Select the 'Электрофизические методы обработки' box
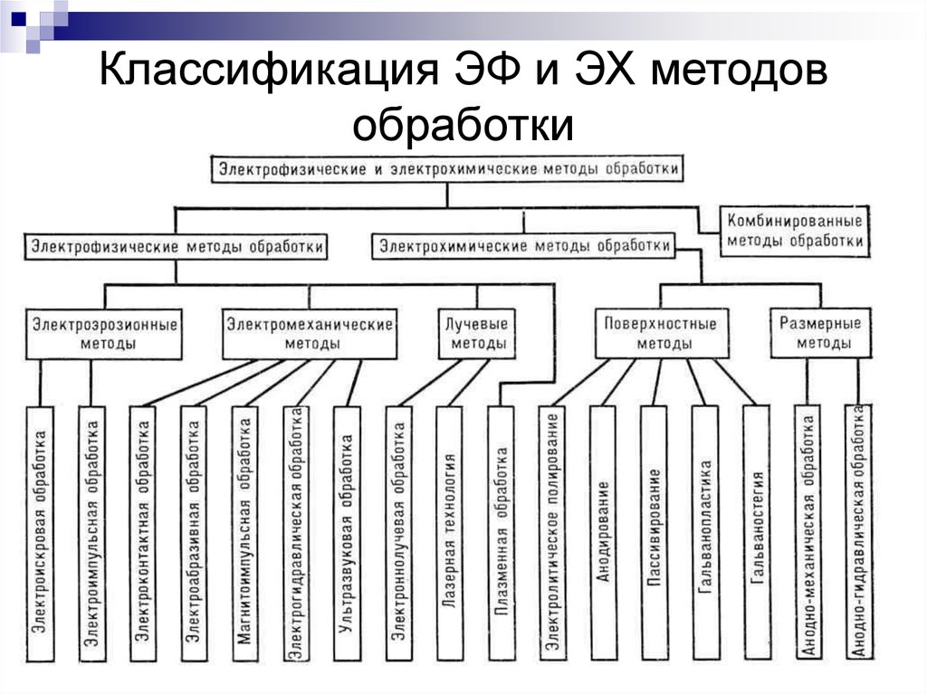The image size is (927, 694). coord(176,245)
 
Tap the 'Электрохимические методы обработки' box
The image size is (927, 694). coord(524,245)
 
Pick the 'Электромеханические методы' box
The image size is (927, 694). coord(310,333)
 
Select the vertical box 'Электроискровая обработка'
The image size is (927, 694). coord(39,533)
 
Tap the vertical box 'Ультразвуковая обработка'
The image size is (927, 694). coord(345,533)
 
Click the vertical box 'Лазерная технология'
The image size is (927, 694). coord(449,533)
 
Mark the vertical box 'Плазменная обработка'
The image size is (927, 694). coord(501,533)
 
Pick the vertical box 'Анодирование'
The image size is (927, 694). coord(603,533)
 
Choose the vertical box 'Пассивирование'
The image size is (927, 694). coord(655,533)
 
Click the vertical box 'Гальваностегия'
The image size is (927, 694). coord(758,533)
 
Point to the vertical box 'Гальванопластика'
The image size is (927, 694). coord(706,533)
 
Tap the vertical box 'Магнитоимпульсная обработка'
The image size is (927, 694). coord(244,533)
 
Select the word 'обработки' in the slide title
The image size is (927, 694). coord(463,124)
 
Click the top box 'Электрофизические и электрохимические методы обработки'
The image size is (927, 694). coord(448,169)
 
